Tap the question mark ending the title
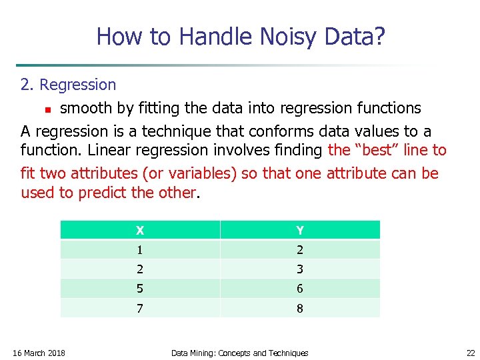click(379, 37)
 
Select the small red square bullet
click(47, 109)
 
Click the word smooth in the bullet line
click(85, 108)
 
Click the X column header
click(140, 231)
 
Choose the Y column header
click(300, 231)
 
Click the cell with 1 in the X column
click(140, 250)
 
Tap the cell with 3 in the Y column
click(300, 269)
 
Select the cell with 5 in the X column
click(140, 289)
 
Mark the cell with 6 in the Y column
click(300, 289)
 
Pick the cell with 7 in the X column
click(140, 308)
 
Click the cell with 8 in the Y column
click(300, 308)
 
